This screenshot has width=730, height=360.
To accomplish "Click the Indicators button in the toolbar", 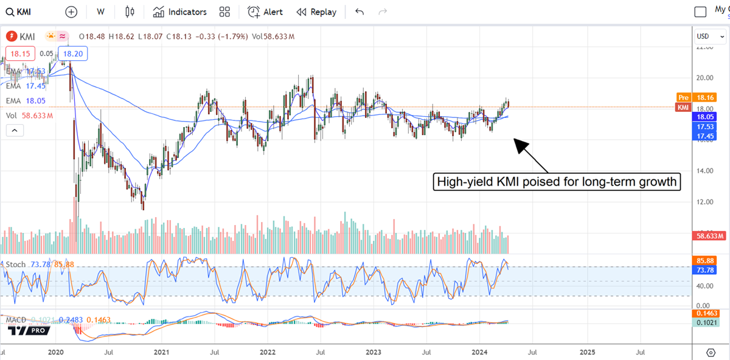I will click(180, 12).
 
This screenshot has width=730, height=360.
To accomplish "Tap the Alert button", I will click(265, 12).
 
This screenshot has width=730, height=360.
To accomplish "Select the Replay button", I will click(316, 12).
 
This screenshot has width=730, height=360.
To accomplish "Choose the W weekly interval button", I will click(100, 12).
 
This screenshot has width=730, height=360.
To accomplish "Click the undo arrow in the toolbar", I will click(360, 12).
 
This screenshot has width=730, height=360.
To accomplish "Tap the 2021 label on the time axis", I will click(161, 352).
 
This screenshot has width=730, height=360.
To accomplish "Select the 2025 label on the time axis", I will click(587, 352).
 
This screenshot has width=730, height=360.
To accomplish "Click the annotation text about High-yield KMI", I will click(556, 182).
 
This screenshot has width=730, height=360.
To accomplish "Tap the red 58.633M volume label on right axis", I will click(710, 235).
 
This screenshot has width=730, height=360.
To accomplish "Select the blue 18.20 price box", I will click(73, 54).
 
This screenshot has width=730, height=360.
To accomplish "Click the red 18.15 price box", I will click(17, 54).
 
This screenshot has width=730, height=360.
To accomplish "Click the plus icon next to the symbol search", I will click(71, 12).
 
